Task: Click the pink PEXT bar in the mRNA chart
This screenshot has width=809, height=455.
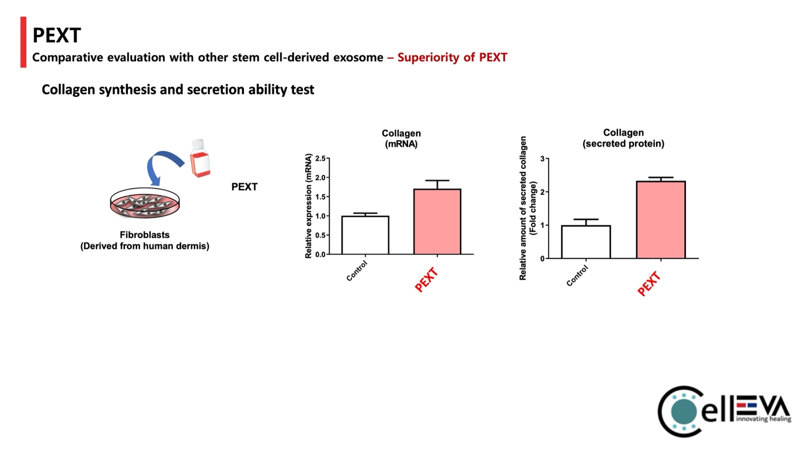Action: pyautogui.click(x=437, y=222)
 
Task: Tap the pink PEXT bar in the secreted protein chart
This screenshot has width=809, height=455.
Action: pyautogui.click(x=661, y=220)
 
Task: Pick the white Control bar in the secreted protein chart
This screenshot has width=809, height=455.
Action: pyautogui.click(x=586, y=242)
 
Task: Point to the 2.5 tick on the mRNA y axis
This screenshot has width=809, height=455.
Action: pyautogui.click(x=321, y=159)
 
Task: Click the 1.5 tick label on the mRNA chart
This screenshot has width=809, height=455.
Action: pyautogui.click(x=321, y=197)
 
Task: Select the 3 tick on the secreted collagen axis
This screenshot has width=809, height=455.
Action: pyautogui.click(x=542, y=159)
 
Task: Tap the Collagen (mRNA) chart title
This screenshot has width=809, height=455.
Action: pyautogui.click(x=401, y=139)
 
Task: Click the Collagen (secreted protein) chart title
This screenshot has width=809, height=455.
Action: pyautogui.click(x=623, y=138)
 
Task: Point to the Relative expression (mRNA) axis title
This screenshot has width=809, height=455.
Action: pyautogui.click(x=308, y=205)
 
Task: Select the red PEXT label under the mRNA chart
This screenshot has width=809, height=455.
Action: pyautogui.click(x=427, y=280)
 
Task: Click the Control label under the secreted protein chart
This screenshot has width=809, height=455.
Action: pyautogui.click(x=577, y=275)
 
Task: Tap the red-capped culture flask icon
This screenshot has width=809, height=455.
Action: pyautogui.click(x=200, y=158)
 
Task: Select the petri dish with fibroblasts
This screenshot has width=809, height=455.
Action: pyautogui.click(x=145, y=202)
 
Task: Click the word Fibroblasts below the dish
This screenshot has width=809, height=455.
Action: pyautogui.click(x=145, y=235)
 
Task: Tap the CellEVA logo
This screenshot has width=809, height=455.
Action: pyautogui.click(x=724, y=411)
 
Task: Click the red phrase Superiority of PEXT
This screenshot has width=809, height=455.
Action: pyautogui.click(x=452, y=57)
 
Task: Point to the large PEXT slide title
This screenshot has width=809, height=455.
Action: pyautogui.click(x=57, y=35)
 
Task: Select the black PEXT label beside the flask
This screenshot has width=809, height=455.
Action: pyautogui.click(x=244, y=187)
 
